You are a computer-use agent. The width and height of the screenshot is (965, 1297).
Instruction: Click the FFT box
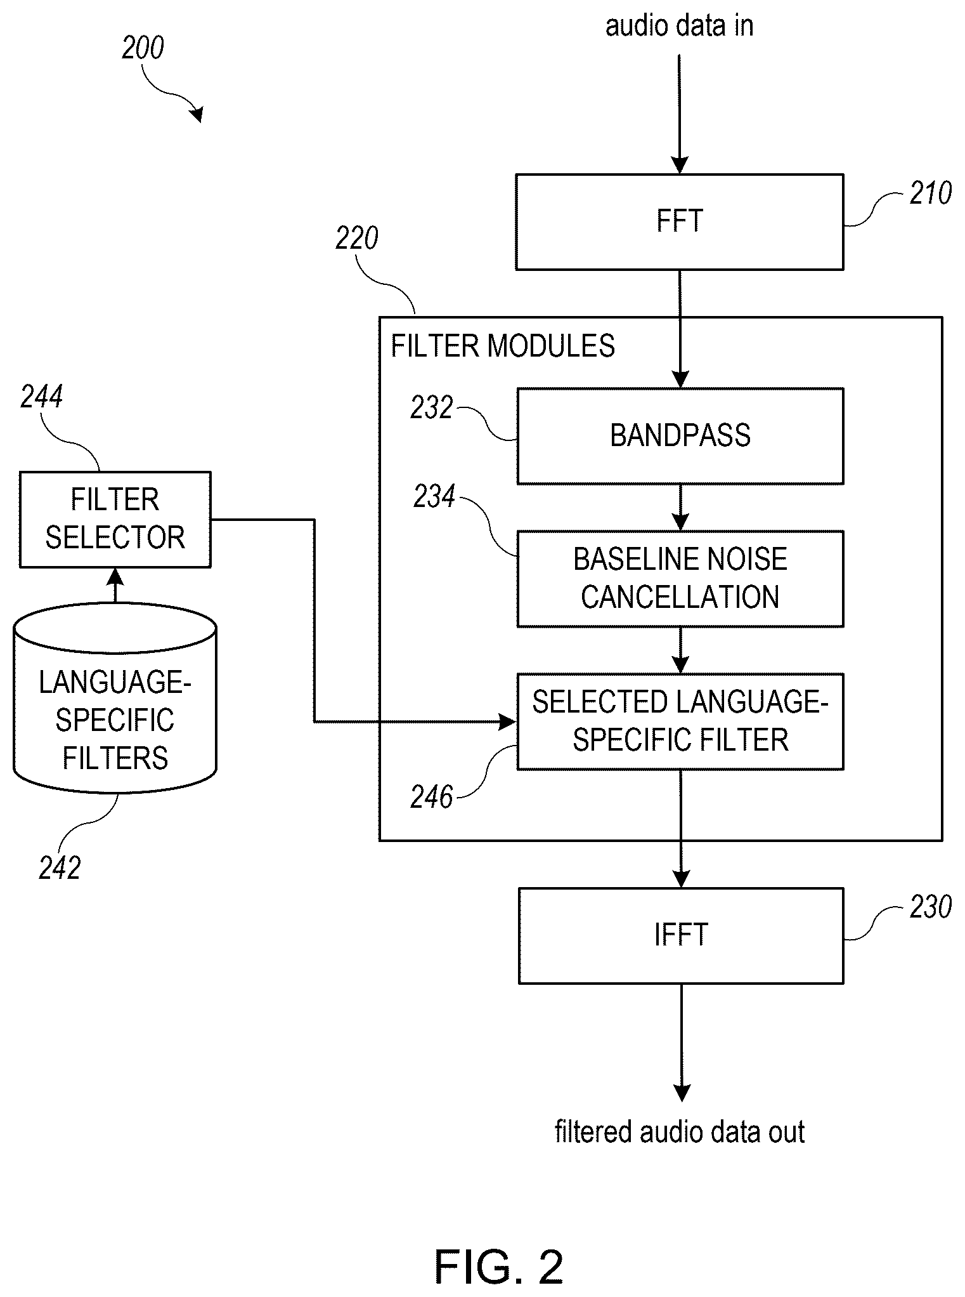(x=680, y=222)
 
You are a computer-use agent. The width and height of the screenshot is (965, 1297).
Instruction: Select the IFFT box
(x=681, y=935)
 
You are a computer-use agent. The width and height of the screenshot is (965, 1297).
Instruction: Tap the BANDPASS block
(x=680, y=436)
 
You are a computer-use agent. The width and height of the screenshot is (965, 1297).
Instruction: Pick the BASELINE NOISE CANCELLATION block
(x=680, y=579)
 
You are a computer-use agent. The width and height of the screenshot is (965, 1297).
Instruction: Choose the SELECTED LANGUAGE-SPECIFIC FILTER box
(x=680, y=721)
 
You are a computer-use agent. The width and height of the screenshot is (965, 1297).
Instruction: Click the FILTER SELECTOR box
(x=115, y=519)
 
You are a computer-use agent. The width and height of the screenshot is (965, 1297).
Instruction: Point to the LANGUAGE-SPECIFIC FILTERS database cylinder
(x=115, y=699)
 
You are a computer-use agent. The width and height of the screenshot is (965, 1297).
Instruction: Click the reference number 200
(x=143, y=48)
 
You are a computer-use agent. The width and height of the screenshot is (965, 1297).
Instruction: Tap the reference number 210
(x=930, y=193)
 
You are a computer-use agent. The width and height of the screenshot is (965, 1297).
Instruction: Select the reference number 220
(x=357, y=239)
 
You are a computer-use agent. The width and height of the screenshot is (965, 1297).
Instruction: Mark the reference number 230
(x=930, y=907)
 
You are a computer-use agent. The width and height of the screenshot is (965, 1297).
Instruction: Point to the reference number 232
(x=432, y=407)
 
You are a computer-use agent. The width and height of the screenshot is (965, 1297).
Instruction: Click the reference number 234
(x=434, y=496)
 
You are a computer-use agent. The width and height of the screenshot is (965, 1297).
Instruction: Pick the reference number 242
(x=60, y=867)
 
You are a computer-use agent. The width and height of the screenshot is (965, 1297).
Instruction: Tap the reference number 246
(x=432, y=797)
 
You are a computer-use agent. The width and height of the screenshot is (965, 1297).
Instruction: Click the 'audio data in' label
(x=680, y=26)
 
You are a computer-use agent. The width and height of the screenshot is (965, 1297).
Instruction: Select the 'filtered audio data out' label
(x=680, y=1132)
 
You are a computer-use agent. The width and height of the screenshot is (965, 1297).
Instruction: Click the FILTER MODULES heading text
(x=503, y=346)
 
